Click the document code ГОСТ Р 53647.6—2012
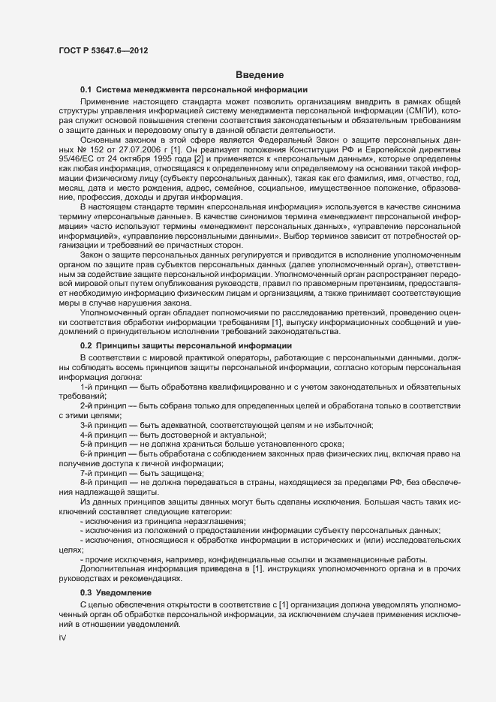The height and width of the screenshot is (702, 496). (x=102, y=51)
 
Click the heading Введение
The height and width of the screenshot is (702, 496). (x=260, y=74)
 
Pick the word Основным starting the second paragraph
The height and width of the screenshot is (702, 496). (x=104, y=140)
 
